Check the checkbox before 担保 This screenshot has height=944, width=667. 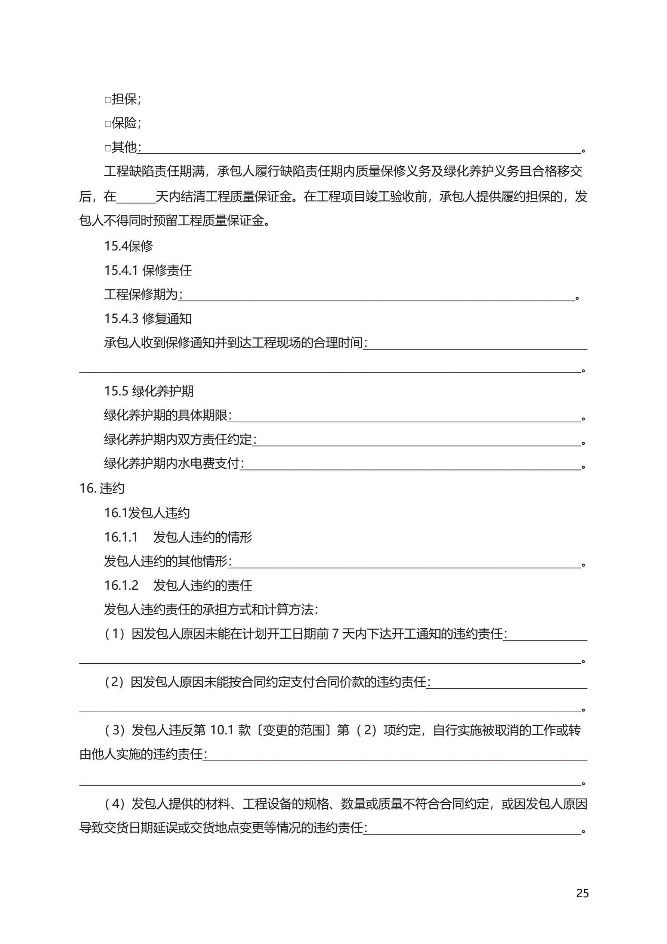click(108, 100)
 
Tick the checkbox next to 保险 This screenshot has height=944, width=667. click(108, 124)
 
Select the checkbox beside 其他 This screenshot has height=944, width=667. click(108, 148)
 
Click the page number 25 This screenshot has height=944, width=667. click(582, 893)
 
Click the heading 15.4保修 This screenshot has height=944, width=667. click(128, 246)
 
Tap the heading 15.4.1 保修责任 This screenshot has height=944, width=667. click(148, 270)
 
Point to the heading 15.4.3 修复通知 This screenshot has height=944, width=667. click(148, 318)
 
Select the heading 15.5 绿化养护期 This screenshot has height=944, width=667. click(148, 391)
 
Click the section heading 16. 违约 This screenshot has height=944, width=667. click(102, 488)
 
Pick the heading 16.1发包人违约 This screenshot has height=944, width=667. click(146, 513)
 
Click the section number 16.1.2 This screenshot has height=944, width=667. click(121, 585)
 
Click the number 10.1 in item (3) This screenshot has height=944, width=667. click(222, 730)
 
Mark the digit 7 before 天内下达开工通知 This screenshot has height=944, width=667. click(335, 633)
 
